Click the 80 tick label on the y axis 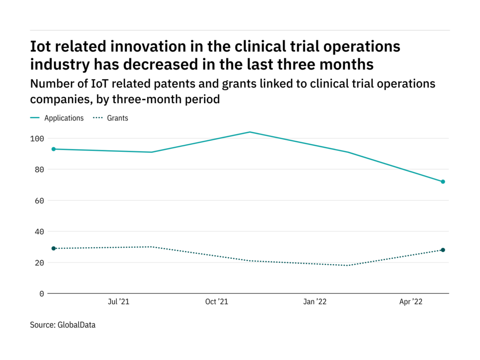pos(39,170)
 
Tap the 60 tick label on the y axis pos(39,201)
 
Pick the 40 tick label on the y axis pos(39,232)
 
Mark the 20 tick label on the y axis pos(39,262)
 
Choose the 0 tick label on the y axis pos(41,293)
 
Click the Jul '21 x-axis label pos(118,302)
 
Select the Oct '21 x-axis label pos(217,302)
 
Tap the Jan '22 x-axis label pos(315,302)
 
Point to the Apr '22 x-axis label pos(411,302)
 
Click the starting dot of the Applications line pos(53,149)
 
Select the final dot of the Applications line pos(442,181)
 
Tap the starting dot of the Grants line pos(53,248)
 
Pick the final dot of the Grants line pos(442,250)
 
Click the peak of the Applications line pos(250,132)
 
